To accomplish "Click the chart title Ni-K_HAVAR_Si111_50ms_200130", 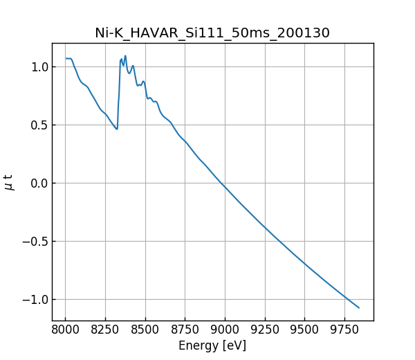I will pos(212,33).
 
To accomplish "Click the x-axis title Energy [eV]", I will pos(212,345).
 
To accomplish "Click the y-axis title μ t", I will pos(9,182).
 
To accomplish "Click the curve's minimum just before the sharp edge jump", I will pos(117,129).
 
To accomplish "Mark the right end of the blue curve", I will pos(359,307).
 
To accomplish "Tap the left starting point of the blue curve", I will pos(66,58).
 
